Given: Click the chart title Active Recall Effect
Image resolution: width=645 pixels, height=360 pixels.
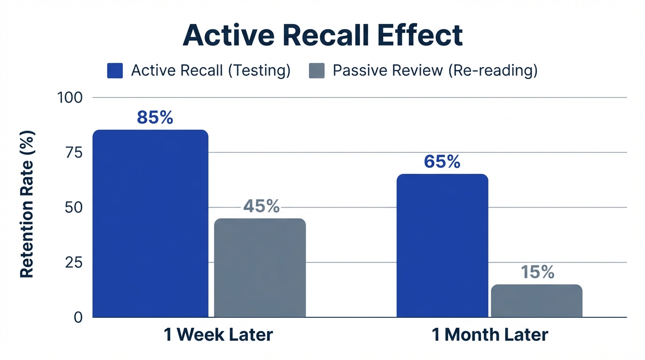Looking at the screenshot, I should pos(322,35).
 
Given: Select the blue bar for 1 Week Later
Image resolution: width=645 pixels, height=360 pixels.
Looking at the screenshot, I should pos(150,224).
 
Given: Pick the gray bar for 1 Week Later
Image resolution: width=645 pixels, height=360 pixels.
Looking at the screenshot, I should pos(260,268).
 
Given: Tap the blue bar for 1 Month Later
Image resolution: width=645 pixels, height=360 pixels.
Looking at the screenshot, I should pos(442,246).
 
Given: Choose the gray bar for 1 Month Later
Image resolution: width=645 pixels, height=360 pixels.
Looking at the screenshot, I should pos(537,300).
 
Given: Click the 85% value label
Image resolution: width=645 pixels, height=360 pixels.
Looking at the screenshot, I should pos(155,118).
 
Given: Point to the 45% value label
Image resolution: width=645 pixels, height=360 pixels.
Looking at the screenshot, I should pos(261,206).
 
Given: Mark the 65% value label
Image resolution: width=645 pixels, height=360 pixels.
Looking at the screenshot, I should pos(442,162).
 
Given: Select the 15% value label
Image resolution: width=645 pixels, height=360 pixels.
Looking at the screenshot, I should pos(537,272).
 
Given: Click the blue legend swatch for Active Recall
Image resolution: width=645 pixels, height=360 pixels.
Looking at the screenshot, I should pos(115,71).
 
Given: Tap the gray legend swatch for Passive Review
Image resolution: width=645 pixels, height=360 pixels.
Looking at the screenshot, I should pos(317,71).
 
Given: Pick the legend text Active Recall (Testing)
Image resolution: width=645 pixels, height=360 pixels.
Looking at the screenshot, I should pos(211,71).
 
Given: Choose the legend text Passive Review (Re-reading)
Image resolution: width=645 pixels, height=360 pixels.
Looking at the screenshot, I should pos(435,71).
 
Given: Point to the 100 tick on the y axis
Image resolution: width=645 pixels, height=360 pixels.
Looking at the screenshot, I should pos(69,97).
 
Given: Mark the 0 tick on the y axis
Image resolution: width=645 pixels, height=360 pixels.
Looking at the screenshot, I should pos(77,317).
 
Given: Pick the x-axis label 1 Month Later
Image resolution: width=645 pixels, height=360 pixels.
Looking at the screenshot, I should pos(490,335).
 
